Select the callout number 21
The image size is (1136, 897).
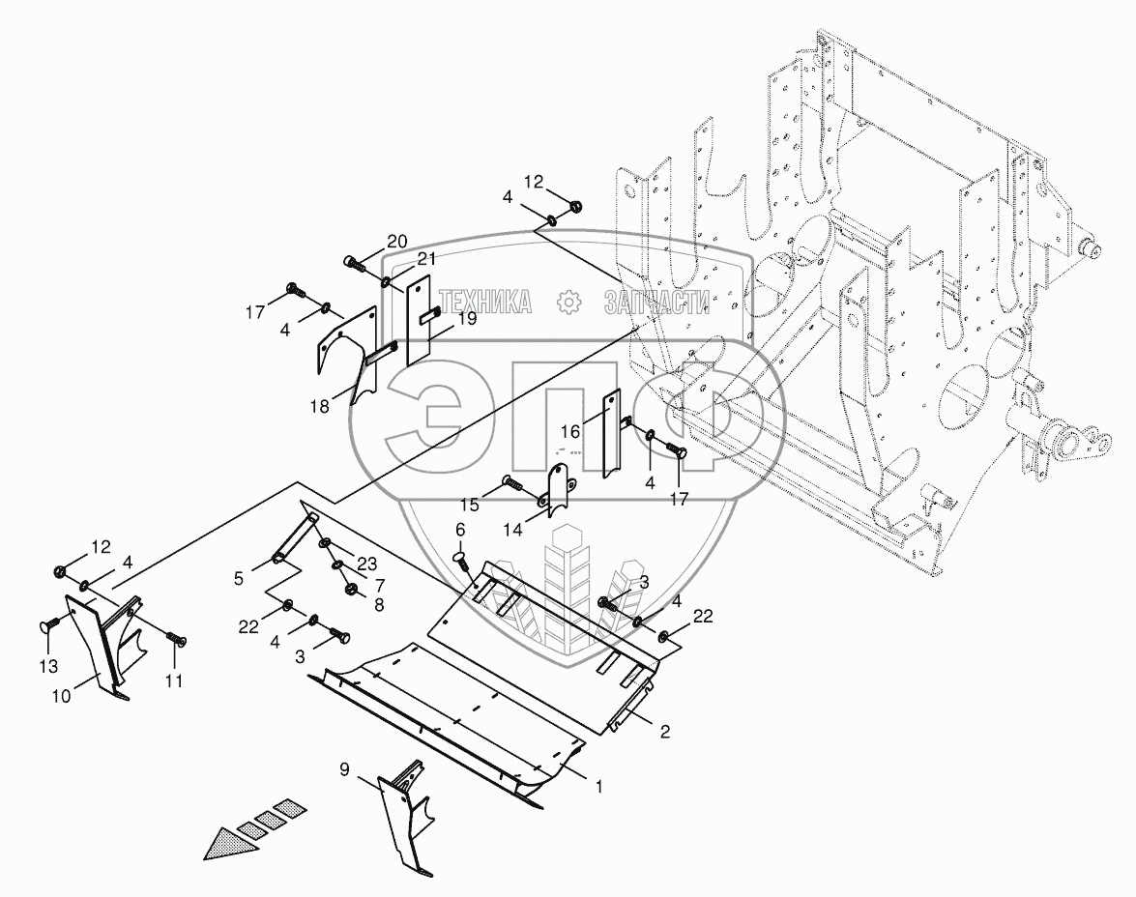(x=427, y=258)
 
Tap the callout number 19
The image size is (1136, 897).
(x=467, y=318)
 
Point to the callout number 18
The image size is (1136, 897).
(x=319, y=406)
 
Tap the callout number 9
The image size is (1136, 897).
(x=344, y=770)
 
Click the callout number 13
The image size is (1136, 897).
(x=48, y=666)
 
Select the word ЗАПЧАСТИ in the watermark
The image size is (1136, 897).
(x=657, y=303)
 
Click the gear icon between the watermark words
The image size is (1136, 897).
(x=568, y=302)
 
